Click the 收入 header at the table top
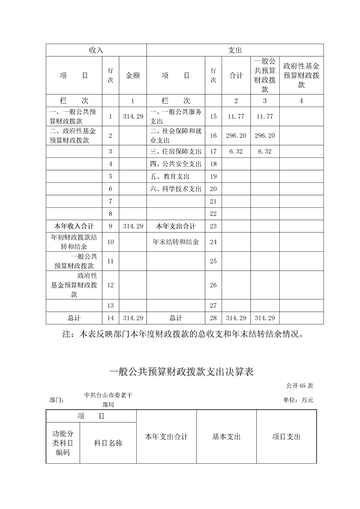96,50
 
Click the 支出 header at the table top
235,50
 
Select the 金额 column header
133,76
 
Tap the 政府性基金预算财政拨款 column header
301,75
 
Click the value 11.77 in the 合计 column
236,117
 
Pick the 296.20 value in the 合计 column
236,135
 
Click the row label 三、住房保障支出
175,152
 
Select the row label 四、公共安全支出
175,164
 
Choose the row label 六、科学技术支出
175,189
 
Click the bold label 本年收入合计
74,226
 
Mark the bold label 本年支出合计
176,226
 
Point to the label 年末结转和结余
176,242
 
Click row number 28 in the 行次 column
213,318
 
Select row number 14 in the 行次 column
110,318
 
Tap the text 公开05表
300,386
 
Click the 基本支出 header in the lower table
226,437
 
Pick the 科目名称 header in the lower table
108,443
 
